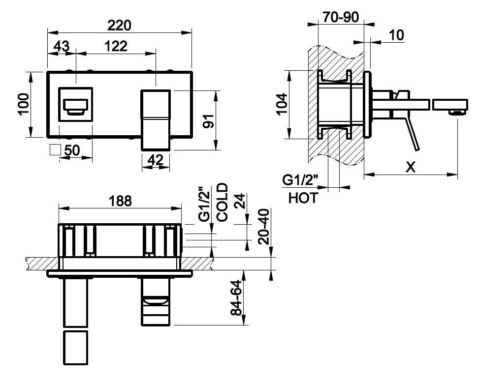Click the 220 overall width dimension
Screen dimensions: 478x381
pyautogui.click(x=119, y=25)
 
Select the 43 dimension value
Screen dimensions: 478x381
pyautogui.click(x=62, y=46)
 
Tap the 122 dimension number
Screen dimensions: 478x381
pyautogui.click(x=116, y=46)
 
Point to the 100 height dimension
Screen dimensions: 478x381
pyautogui.click(x=24, y=104)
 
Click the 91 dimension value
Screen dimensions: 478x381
pyautogui.click(x=209, y=121)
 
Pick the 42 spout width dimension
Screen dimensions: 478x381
pyautogui.click(x=156, y=160)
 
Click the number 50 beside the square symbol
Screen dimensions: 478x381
pyautogui.click(x=72, y=150)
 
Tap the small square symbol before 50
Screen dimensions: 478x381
pyautogui.click(x=55, y=149)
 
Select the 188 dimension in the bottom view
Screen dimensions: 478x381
pyautogui.click(x=121, y=201)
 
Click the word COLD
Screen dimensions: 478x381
pyautogui.click(x=222, y=202)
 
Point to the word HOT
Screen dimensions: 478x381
pyautogui.click(x=303, y=198)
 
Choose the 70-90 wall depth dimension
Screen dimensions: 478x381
pyautogui.click(x=341, y=17)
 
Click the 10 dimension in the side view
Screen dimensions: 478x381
pyautogui.click(x=396, y=35)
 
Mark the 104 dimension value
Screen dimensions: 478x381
pyautogui.click(x=282, y=104)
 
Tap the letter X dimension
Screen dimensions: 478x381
pyautogui.click(x=411, y=167)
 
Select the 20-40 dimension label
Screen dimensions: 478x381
pyautogui.click(x=264, y=227)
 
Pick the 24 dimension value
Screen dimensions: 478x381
pyautogui.click(x=241, y=201)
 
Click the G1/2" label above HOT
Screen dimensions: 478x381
pyautogui.click(x=300, y=180)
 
